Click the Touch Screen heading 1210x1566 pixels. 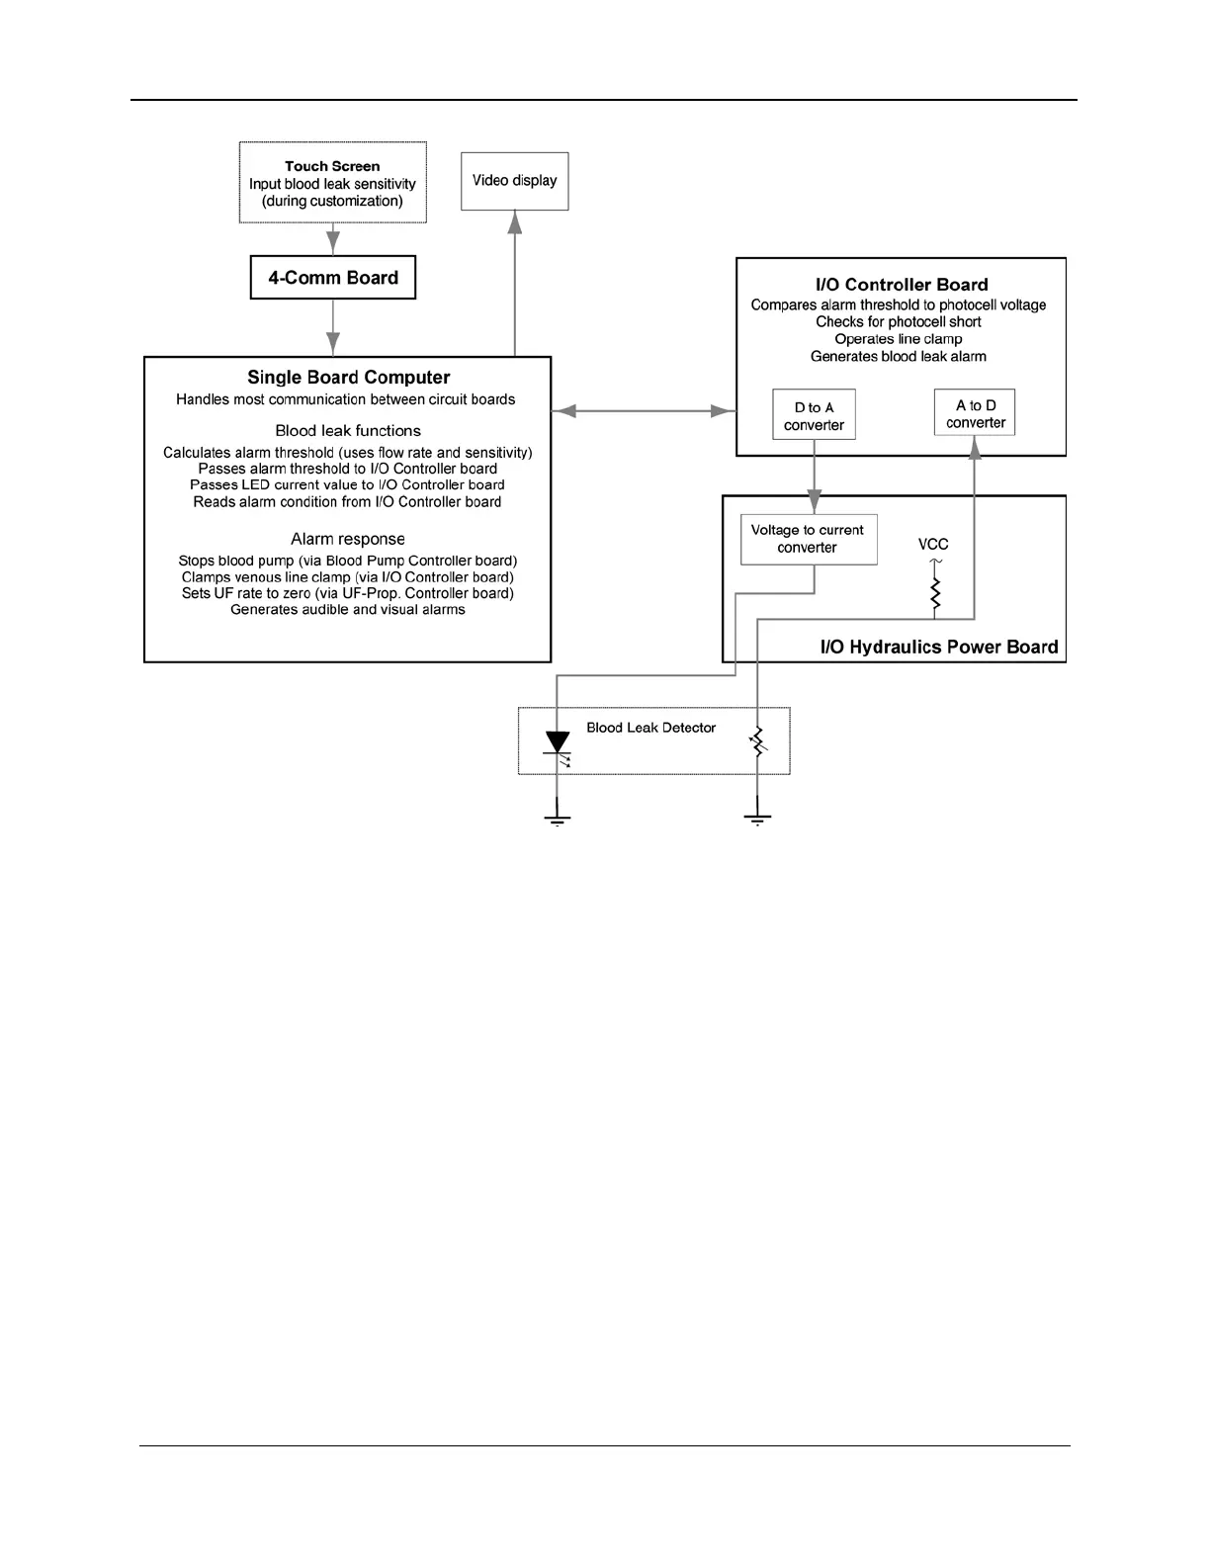click(332, 166)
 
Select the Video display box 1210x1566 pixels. click(514, 181)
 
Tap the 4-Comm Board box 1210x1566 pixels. click(333, 278)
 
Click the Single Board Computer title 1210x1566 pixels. click(348, 378)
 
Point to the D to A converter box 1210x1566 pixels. click(814, 415)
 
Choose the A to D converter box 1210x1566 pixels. click(975, 413)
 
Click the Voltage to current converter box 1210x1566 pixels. click(808, 539)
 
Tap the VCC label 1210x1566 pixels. click(933, 544)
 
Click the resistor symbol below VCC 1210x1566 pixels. click(934, 593)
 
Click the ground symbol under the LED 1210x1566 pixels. click(559, 819)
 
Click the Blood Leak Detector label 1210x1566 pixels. click(650, 728)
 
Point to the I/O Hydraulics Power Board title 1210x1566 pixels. click(938, 648)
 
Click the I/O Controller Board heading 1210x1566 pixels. click(902, 285)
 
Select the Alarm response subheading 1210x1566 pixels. click(348, 539)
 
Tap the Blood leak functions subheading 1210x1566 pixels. click(348, 431)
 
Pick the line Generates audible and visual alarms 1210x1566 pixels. click(348, 610)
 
